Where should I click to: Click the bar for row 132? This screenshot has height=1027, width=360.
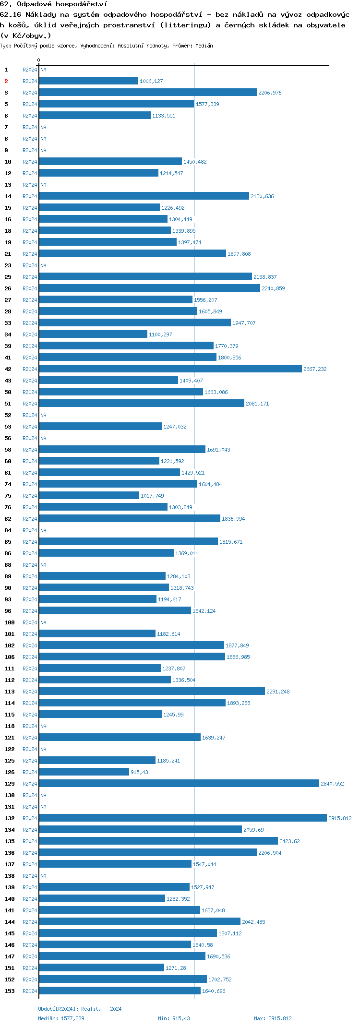[x=182, y=818]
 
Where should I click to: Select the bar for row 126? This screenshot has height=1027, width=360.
[x=84, y=772]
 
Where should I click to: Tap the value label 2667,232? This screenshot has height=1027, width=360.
[x=315, y=369]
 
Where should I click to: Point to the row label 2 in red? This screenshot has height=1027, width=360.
[x=6, y=81]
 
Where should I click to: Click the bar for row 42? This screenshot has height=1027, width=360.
[x=170, y=369]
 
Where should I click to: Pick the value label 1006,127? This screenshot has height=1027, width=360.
[x=151, y=81]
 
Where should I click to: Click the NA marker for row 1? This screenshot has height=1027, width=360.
[x=43, y=70]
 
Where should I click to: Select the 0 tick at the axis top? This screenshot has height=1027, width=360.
[x=39, y=60]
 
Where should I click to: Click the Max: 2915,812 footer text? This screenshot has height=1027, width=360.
[x=273, y=1018]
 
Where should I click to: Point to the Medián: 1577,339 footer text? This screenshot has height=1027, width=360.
[x=61, y=1018]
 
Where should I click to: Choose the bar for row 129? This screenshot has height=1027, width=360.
[x=179, y=784]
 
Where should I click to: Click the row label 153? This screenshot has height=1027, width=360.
[x=10, y=991]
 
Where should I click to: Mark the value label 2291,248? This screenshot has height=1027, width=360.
[x=278, y=692]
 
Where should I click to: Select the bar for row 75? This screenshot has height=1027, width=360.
[x=89, y=496]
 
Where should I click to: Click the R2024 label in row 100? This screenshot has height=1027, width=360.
[x=30, y=622]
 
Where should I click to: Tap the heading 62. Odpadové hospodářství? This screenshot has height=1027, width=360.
[x=54, y=4]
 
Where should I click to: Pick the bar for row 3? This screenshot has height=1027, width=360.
[x=148, y=93]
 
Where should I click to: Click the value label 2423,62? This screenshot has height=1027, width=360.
[x=289, y=841]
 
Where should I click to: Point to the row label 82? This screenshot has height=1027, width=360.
[x=8, y=519]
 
